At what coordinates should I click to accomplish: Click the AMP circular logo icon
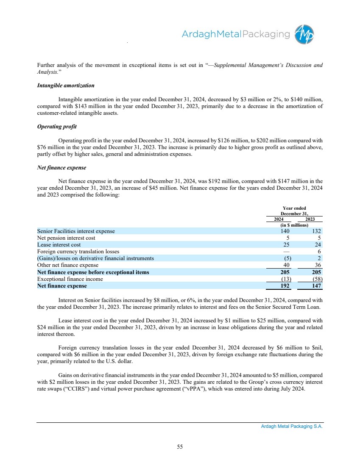point(305,34)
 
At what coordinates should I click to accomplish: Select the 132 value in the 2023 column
point(316,231)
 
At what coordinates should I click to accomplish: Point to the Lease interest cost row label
point(59,245)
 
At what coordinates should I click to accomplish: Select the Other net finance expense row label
point(68,265)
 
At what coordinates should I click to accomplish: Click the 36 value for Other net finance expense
point(318,265)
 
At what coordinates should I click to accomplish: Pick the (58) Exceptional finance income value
point(316,279)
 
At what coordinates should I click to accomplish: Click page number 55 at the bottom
point(180,447)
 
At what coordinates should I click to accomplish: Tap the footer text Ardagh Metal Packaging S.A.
point(292,427)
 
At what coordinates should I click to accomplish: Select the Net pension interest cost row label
point(66,238)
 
